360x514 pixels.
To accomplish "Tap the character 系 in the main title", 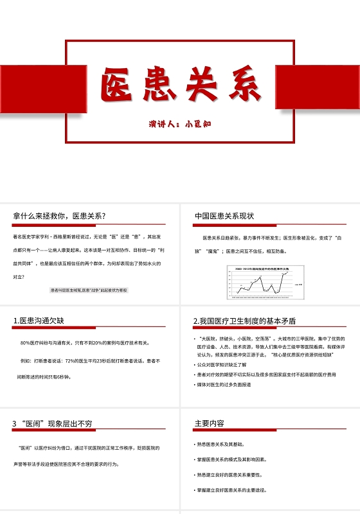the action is point(240,84).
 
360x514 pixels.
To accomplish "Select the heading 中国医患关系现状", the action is point(224,216).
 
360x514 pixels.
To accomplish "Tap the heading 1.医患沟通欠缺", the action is point(39,321).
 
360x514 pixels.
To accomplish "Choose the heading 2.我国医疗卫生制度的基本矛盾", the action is point(244,321).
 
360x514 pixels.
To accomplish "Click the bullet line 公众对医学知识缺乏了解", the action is point(229,364).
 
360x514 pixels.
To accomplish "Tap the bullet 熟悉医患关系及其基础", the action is point(221,444).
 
